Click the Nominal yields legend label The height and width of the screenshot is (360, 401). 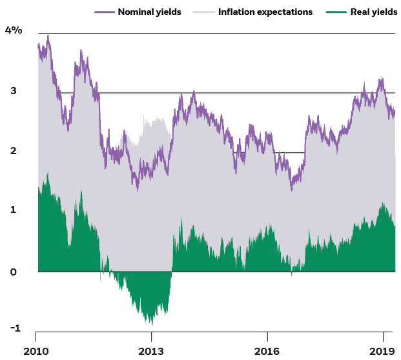(x=149, y=12)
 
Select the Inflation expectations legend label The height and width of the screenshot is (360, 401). (x=265, y=12)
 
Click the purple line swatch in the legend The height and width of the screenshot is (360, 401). (x=105, y=12)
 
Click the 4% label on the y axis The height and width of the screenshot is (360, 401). (x=13, y=31)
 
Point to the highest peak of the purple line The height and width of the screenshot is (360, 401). (x=48, y=35)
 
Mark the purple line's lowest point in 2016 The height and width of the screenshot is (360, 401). (x=292, y=190)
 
